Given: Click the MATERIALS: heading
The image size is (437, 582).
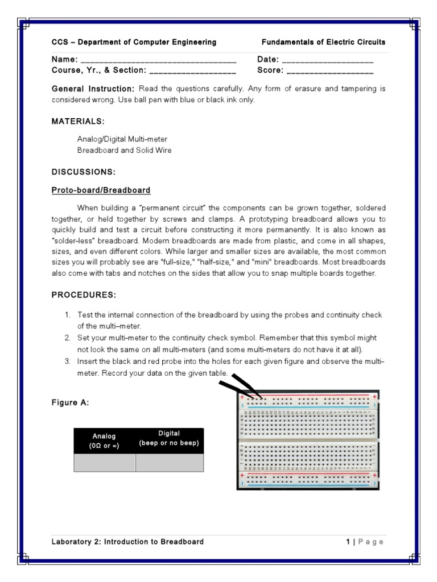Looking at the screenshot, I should coord(78,122).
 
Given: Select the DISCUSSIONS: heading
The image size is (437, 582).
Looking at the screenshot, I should coord(84,172).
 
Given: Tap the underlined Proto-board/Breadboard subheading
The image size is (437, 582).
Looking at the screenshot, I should coord(101,190).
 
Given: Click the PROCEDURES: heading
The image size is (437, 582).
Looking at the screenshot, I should coord(84,295).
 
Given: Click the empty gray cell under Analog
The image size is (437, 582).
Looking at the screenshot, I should coord(104,463).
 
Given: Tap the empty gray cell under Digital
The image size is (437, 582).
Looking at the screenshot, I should coord(169,463).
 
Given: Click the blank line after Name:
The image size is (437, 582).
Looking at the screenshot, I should coord(158,60).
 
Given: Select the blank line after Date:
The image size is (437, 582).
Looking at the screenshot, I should coord(327,60).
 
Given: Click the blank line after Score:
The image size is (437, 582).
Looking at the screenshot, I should coord(330,71).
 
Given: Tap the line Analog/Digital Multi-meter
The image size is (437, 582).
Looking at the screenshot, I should coord(122,139).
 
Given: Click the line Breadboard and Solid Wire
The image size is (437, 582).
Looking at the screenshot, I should coord(124,151).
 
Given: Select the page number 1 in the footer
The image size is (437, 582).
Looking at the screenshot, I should coord(348,542).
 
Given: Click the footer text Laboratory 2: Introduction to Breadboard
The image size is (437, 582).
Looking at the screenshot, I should coord(127,542).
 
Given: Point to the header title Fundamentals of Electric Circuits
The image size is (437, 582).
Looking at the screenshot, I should coord(323,43).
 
